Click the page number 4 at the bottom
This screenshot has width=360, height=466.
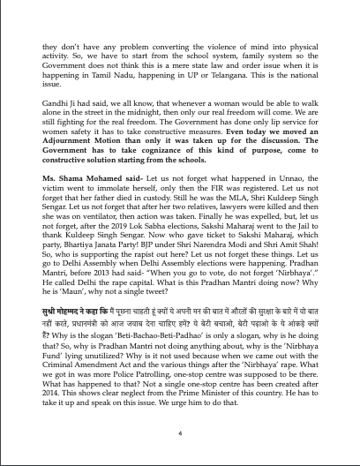point(179,434)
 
